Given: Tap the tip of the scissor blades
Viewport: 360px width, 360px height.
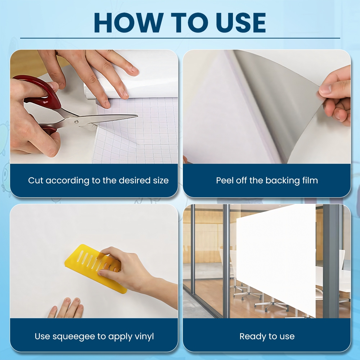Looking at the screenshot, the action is (x=138, y=116).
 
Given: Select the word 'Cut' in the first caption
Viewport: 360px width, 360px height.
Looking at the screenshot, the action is (x=36, y=180).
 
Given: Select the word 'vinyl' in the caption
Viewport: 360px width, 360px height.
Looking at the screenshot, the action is (x=144, y=337).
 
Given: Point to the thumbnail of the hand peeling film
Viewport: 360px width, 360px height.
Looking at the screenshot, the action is (x=267, y=107).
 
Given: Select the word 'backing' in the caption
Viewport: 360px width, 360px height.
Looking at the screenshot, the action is (x=283, y=180).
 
